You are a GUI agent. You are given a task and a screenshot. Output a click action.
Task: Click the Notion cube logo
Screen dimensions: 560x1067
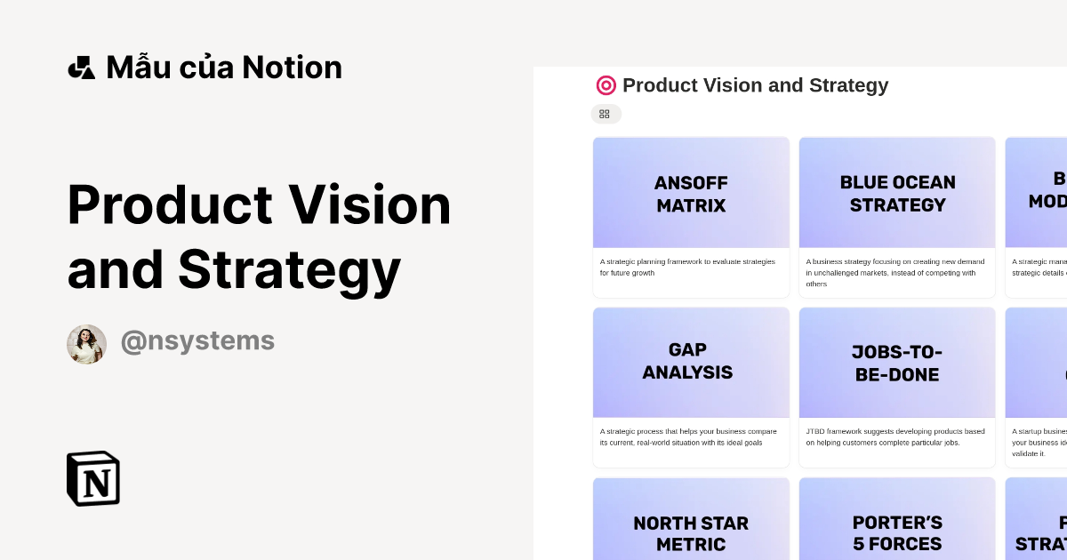coord(93,478)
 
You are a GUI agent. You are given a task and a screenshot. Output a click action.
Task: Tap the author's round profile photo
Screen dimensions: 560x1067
coord(86,344)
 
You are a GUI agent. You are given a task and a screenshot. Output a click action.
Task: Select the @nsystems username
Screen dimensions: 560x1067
coord(197,341)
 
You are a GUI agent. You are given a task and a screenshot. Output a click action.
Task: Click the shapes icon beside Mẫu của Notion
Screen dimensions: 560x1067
coord(81,68)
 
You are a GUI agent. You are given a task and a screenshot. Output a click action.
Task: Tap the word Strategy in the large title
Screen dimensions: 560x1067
coord(290,269)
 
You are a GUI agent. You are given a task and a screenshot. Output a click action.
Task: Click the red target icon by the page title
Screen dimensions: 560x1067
coord(606,85)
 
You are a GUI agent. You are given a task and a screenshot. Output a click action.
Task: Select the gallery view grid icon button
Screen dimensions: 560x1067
coord(605,114)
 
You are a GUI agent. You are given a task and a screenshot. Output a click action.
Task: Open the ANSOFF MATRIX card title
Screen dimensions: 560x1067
coord(691,194)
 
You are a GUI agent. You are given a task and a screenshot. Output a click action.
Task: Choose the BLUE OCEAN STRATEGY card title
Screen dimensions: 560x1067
coord(897,194)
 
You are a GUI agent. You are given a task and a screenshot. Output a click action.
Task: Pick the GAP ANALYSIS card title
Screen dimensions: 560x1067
coord(687,361)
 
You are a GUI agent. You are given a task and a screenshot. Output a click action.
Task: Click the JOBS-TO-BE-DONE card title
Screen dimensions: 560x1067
coord(896,363)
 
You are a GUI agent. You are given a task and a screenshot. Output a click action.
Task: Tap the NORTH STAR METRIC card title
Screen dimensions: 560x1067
coord(691,533)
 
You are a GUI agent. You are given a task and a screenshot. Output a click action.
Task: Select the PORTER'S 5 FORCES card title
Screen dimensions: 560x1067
coord(897,533)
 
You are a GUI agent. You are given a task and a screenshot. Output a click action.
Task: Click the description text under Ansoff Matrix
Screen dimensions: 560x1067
coord(687,267)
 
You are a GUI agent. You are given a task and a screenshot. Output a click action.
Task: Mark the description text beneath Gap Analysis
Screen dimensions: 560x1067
coord(687,436)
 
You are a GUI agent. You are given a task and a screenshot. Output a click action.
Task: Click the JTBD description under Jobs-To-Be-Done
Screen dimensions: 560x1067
coord(895,436)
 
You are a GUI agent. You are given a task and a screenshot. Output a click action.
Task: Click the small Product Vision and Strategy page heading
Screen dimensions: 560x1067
coord(755,85)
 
